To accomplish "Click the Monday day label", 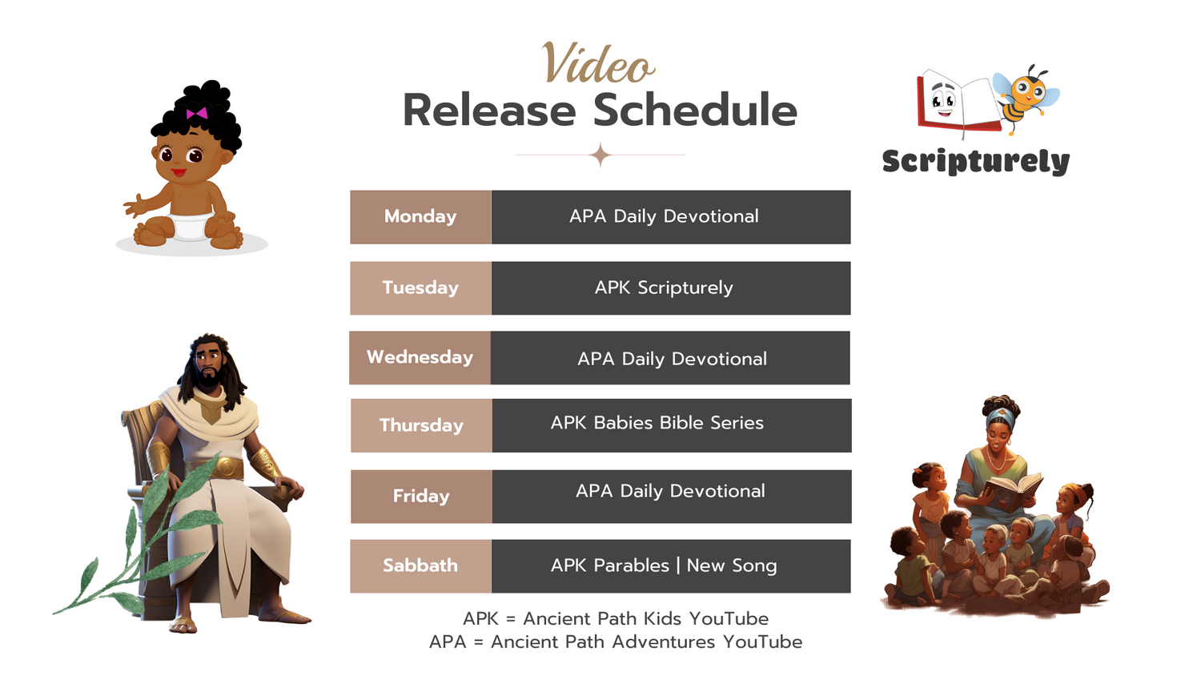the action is pos(420,216).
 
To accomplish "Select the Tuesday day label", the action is pos(420,288).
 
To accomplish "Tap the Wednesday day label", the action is pos(420,356).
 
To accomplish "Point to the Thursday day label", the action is pos(421,425).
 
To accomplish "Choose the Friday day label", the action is pos(421,496).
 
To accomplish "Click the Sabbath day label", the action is pos(420,565).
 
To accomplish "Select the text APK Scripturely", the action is pos(664,288).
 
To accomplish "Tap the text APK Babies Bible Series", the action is pos(657,423).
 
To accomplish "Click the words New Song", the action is pos(732,566).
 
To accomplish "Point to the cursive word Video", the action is pos(598,64).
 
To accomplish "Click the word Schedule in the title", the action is pos(696,110).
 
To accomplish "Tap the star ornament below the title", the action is pos(600,155).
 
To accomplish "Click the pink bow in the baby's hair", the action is pos(197,113).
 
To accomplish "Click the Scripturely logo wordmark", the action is pos(976,162).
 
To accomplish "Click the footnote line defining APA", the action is pos(616,642).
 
